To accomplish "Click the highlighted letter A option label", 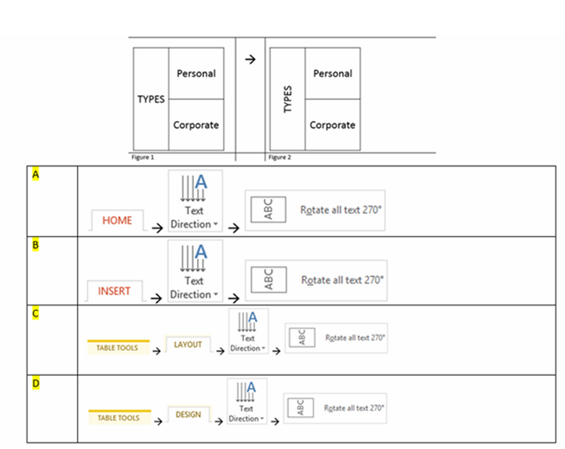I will [x=35, y=174].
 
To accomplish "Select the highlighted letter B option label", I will [x=35, y=245].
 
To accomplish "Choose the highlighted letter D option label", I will [x=35, y=384].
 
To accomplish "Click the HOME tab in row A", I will [x=118, y=221].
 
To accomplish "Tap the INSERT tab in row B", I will [x=115, y=291].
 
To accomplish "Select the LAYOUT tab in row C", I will [x=188, y=345].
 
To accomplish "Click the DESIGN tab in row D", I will [x=188, y=414].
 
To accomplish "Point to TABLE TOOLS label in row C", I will [x=118, y=347].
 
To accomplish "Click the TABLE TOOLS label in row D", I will [x=118, y=418].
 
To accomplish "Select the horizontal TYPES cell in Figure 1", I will [x=151, y=100].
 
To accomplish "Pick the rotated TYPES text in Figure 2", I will [x=287, y=100].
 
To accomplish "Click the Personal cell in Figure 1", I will [x=196, y=74].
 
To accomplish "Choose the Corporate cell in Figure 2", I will [x=333, y=125].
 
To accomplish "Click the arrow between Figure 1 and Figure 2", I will [x=250, y=60].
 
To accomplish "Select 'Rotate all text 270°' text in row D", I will [x=356, y=408].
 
